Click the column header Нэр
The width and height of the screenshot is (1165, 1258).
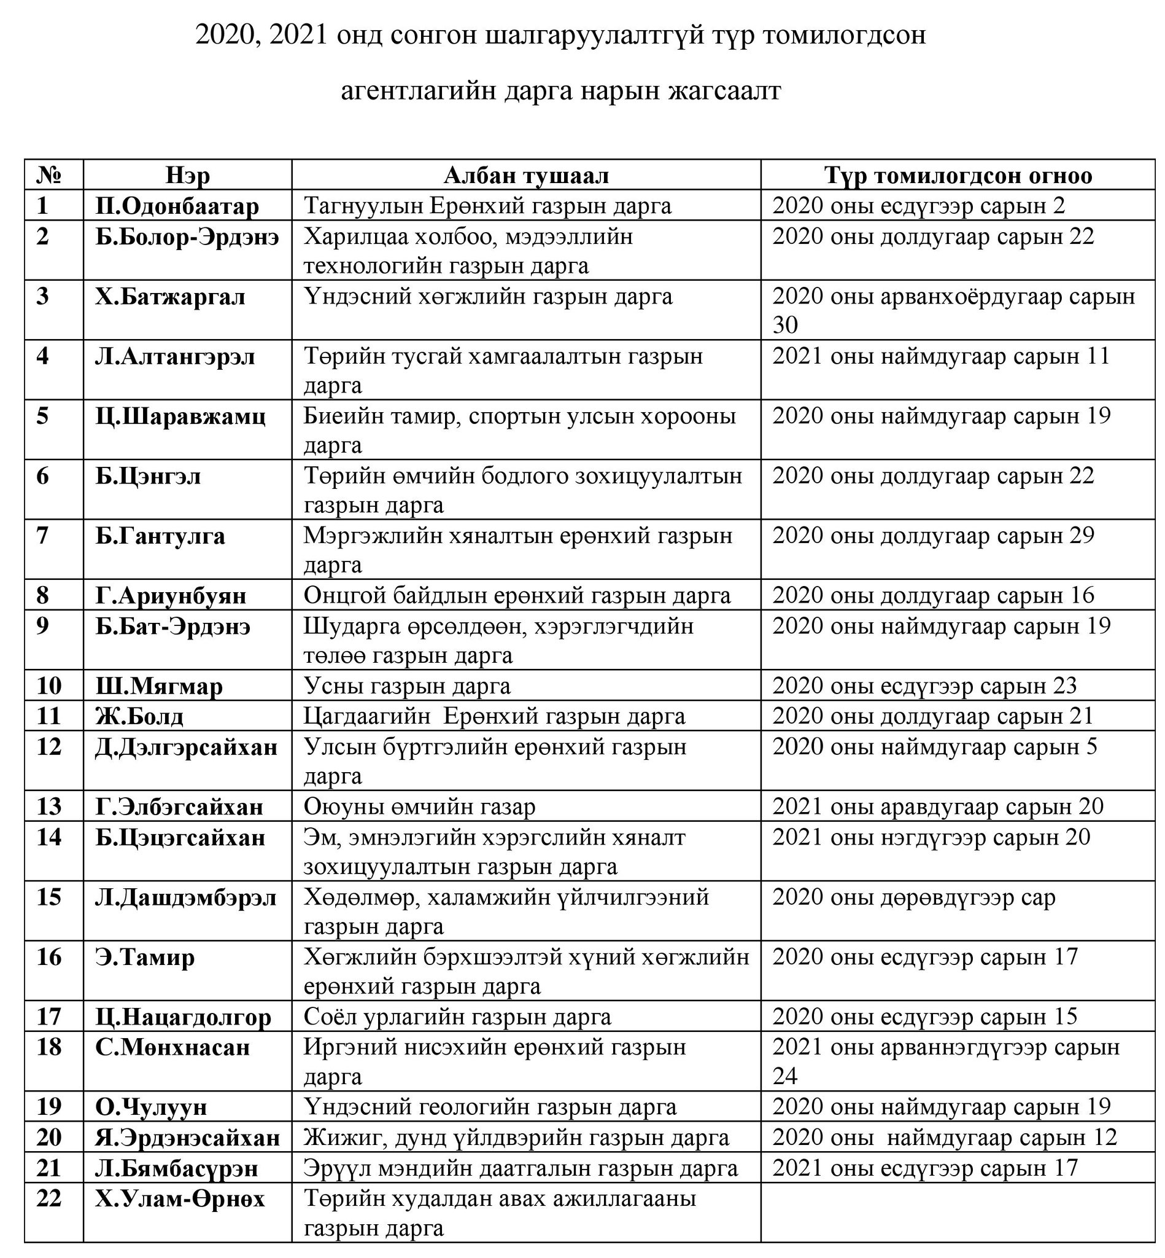pyautogui.click(x=187, y=175)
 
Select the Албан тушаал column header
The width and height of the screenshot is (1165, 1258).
pyautogui.click(x=526, y=175)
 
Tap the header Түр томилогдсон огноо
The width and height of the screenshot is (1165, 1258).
pyautogui.click(x=958, y=175)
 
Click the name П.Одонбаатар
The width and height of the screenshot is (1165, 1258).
pyautogui.click(x=177, y=206)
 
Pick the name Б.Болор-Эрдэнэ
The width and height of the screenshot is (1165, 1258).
pyautogui.click(x=187, y=236)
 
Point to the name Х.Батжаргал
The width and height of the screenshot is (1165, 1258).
pyautogui.click(x=170, y=297)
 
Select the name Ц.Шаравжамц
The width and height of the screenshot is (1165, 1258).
pyautogui.click(x=180, y=416)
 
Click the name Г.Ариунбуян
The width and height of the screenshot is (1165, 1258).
pyautogui.click(x=171, y=595)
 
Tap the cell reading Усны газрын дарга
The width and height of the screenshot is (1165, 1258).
pyautogui.click(x=407, y=686)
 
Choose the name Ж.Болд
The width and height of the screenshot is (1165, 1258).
pyautogui.click(x=139, y=716)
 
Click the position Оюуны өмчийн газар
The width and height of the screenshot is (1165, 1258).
pyautogui.click(x=420, y=807)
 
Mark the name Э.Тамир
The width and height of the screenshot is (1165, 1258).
pyautogui.click(x=145, y=957)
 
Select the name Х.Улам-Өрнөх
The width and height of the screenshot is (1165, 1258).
pyautogui.click(x=180, y=1198)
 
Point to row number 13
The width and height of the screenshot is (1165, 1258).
pyautogui.click(x=49, y=807)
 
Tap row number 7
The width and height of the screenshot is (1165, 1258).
pyautogui.click(x=42, y=536)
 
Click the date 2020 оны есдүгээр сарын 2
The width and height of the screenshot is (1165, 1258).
pyautogui.click(x=918, y=206)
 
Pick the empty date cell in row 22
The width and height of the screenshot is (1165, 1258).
pyautogui.click(x=957, y=1212)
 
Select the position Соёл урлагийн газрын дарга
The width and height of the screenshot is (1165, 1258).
pyautogui.click(x=458, y=1017)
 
